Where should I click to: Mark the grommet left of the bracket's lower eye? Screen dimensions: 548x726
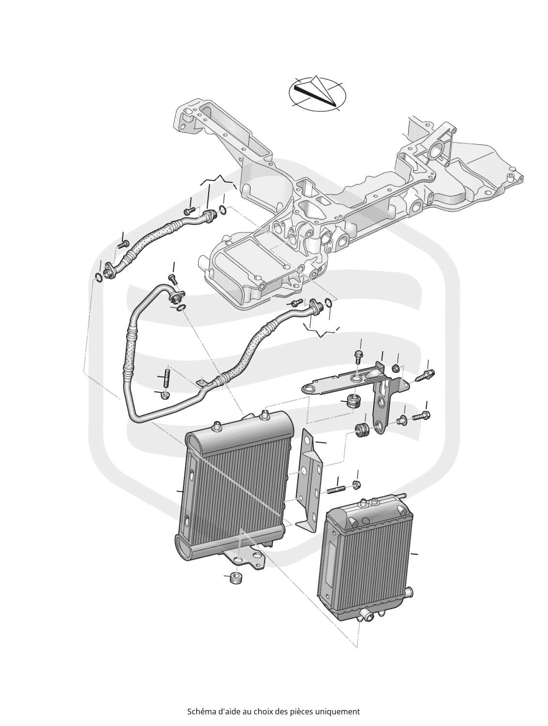coord(362,429)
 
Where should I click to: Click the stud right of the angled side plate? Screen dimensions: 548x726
coord(336,490)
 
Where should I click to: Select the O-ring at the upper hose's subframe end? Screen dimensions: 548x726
coord(222,210)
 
